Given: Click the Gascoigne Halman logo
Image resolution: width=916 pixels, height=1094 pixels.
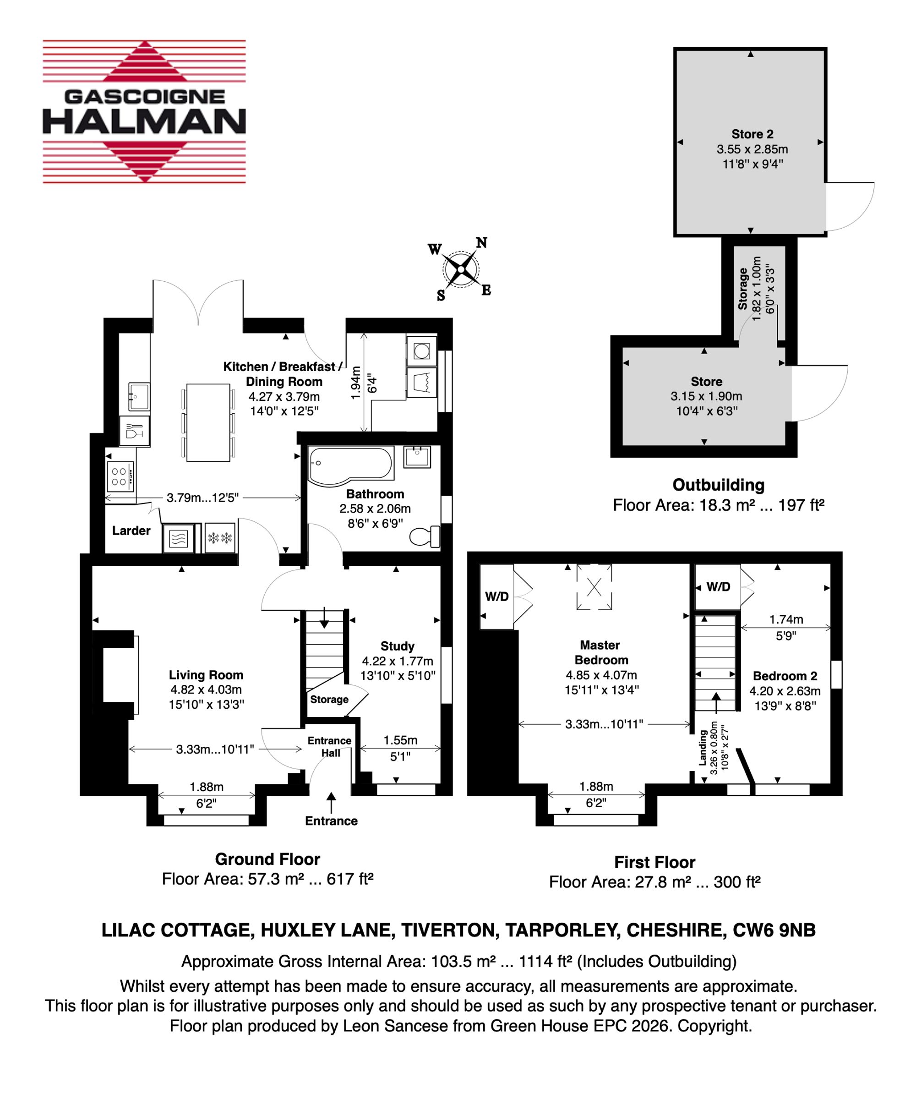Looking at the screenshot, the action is (144, 111).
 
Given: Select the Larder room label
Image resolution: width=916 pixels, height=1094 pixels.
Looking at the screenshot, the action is (131, 531).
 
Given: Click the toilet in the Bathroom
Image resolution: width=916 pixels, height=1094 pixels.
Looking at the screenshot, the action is (425, 536).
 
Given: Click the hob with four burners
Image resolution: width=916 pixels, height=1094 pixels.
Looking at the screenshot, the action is (121, 476).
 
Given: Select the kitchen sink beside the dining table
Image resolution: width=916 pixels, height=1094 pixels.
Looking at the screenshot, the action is (139, 398).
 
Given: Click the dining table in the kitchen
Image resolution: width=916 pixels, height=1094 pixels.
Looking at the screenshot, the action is (208, 422).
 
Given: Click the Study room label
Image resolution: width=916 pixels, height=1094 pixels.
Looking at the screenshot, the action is (398, 646).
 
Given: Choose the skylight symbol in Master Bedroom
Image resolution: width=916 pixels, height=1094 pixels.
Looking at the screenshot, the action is (594, 587).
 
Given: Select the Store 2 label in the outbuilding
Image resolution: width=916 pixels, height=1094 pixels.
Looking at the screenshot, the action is (752, 134).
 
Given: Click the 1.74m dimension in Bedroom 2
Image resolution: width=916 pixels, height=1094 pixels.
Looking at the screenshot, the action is (786, 619).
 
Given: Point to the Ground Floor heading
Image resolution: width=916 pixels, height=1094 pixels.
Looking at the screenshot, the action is (267, 859).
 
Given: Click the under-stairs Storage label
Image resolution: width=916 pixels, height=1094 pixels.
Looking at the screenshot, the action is (329, 699).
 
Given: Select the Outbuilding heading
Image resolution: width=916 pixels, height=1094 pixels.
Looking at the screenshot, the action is (719, 485).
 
